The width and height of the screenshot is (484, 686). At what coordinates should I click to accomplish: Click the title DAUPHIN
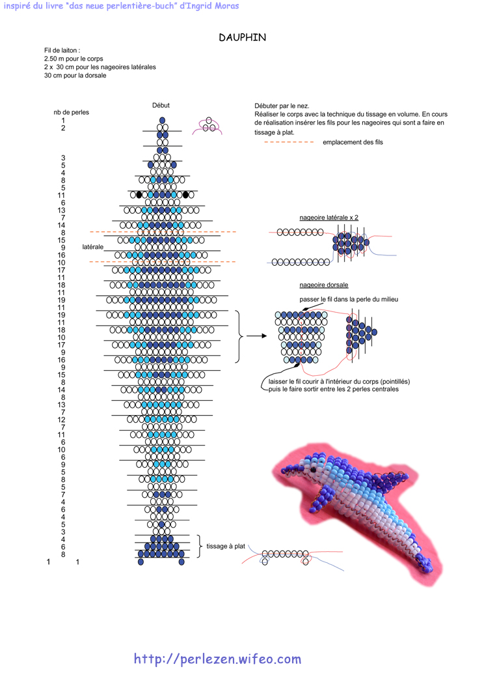pyautogui.click(x=243, y=38)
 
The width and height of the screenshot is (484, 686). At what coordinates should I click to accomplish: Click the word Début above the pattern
pyautogui.click(x=161, y=106)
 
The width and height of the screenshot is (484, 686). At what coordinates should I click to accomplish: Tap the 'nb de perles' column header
pyautogui.click(x=71, y=113)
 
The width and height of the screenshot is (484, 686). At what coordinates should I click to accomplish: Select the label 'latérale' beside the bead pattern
pyautogui.click(x=92, y=247)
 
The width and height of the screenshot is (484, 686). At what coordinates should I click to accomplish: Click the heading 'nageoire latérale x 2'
pyautogui.click(x=329, y=218)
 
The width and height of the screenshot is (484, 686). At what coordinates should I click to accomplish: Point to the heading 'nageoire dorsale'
pyautogui.click(x=324, y=285)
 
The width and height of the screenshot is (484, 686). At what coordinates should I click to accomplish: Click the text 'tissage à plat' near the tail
pyautogui.click(x=225, y=546)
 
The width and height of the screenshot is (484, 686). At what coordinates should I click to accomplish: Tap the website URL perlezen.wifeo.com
pyautogui.click(x=217, y=659)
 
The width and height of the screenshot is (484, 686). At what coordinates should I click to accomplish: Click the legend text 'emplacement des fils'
pyautogui.click(x=353, y=142)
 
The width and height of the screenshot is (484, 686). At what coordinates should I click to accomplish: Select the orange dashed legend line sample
pyautogui.click(x=289, y=142)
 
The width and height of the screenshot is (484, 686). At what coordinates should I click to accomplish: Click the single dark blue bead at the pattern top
pyautogui.click(x=163, y=121)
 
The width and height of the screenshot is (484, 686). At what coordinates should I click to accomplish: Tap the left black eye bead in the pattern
pyautogui.click(x=139, y=195)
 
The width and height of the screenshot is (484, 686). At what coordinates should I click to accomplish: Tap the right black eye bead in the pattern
pyautogui.click(x=185, y=195)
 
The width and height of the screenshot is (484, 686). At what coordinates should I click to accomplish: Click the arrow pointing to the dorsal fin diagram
pyautogui.click(x=257, y=336)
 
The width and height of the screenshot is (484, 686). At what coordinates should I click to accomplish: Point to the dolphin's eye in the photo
pyautogui.click(x=313, y=470)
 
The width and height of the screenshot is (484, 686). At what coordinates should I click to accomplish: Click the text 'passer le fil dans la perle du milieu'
pyautogui.click(x=349, y=299)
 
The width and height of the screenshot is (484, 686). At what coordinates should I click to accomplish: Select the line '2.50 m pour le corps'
pyautogui.click(x=74, y=59)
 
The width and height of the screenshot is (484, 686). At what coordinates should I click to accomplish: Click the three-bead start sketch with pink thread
pyautogui.click(x=208, y=126)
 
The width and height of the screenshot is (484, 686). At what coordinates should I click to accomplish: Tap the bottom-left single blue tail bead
pyautogui.click(x=141, y=562)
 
